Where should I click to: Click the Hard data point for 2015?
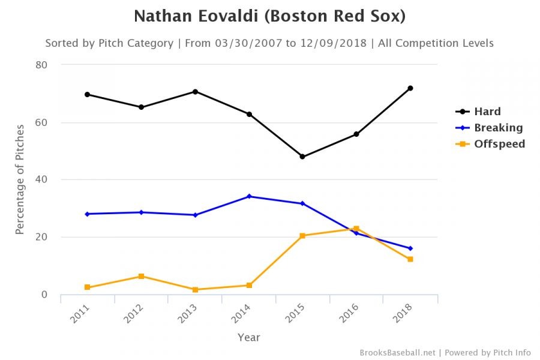pos(302,157)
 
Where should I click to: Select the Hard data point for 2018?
pos(410,88)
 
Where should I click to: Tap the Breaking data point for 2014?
pos(249,196)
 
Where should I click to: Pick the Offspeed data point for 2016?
pos(356,229)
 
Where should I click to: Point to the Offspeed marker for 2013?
pos(195,290)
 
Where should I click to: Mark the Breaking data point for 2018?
pos(410,248)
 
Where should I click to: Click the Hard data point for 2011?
pos(87,94)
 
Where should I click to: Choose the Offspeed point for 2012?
pos(141,276)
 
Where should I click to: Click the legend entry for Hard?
pos(487,112)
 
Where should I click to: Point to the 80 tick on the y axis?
pos(41,65)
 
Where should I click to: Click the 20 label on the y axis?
pos(41,237)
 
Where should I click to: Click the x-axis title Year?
pos(248,337)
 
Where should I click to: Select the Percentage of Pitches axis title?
pos(20,179)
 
